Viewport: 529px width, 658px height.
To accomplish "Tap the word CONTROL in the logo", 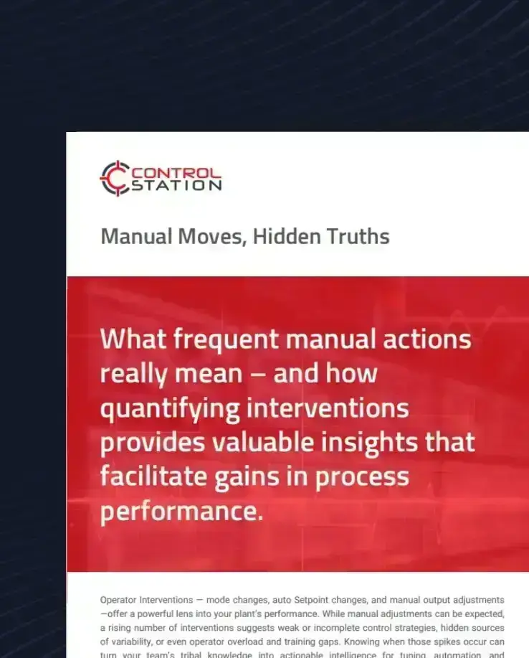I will click(176, 173).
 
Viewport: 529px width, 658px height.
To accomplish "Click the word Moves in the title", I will click(209, 236).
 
